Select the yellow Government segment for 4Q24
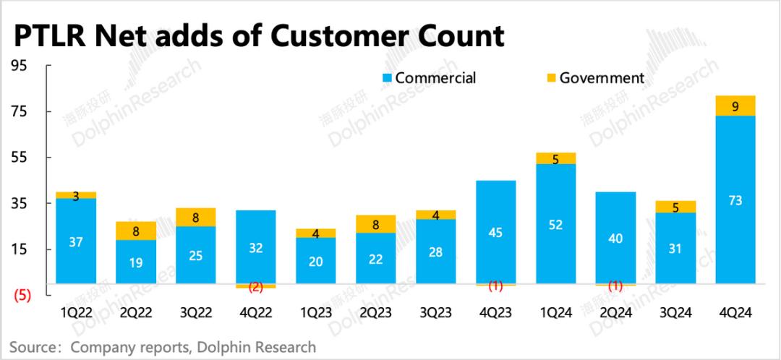pyautogui.click(x=735, y=106)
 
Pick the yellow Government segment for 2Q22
pyautogui.click(x=136, y=231)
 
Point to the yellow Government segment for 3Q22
pyautogui.click(x=195, y=217)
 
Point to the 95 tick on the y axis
pyautogui.click(x=19, y=66)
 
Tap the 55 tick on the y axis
pyautogui.click(x=19, y=158)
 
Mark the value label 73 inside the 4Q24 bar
pyautogui.click(x=735, y=202)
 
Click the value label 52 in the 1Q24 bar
pyautogui.click(x=555, y=225)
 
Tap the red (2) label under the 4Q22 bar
pyautogui.click(x=255, y=287)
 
